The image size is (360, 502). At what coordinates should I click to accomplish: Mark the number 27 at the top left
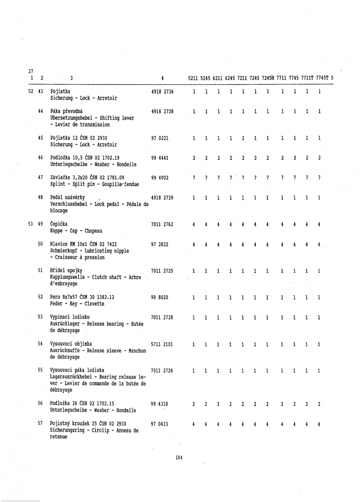point(29,71)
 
